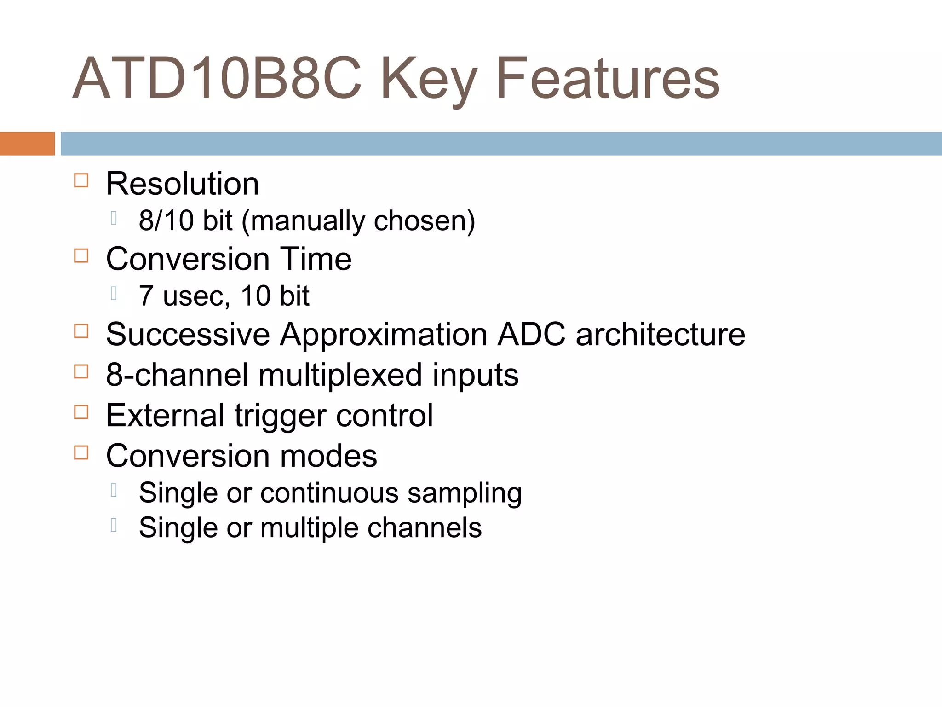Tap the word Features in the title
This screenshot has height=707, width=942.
pos(608,78)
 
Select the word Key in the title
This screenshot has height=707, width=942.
pos(428,81)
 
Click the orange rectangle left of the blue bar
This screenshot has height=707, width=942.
pos(27,144)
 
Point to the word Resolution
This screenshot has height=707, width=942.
pos(183,184)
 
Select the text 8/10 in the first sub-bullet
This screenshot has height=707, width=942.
pos(166,220)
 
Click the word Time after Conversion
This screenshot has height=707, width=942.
pos(316,259)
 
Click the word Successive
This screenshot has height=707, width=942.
pos(188,334)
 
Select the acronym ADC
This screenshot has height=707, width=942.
pos(531,334)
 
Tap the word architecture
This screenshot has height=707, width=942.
pos(660,334)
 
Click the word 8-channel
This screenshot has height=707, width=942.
pos(177,375)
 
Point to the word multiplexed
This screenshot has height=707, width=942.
pos(340,376)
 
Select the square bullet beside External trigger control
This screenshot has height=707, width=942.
pos(81,412)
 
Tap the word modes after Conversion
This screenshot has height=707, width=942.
pos(328,456)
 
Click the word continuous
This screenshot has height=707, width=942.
pos(329,493)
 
